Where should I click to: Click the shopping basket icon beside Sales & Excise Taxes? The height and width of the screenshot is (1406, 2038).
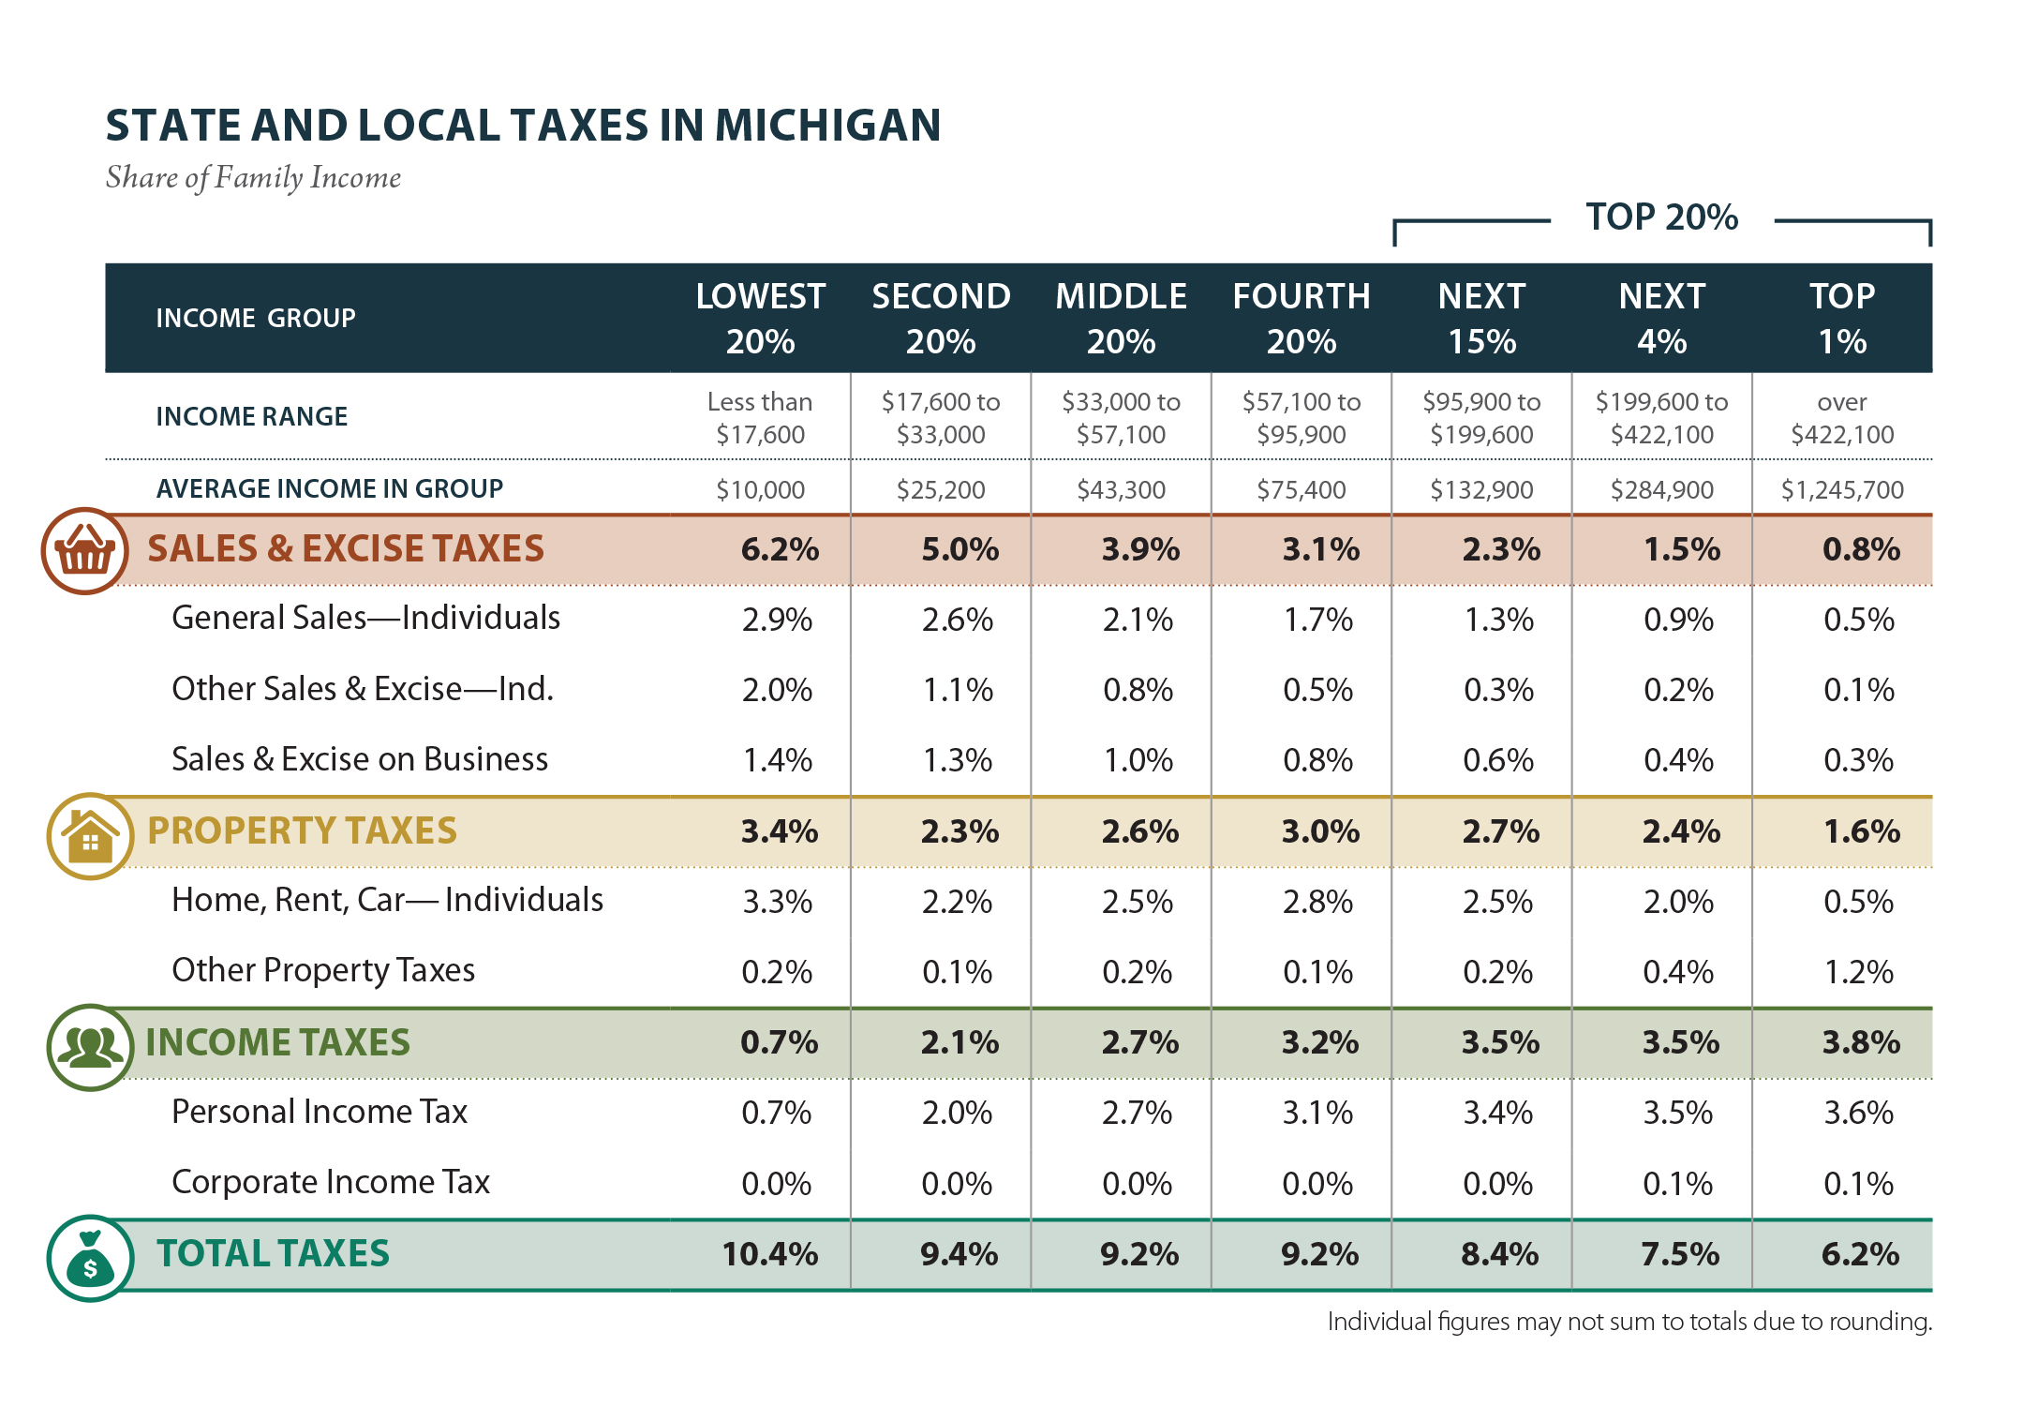(84, 551)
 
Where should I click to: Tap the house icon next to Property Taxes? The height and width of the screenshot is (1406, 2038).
(90, 836)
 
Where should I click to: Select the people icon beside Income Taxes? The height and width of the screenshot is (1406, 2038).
(90, 1047)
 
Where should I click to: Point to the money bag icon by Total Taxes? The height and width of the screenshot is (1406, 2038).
(90, 1259)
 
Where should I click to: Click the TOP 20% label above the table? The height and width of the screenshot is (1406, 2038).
(1661, 217)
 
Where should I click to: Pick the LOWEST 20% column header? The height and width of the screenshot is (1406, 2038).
(760, 319)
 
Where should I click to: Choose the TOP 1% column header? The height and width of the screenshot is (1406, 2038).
(1841, 319)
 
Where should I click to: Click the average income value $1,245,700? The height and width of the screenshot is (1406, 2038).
(1841, 489)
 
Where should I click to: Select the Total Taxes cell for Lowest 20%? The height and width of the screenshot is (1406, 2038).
(769, 1254)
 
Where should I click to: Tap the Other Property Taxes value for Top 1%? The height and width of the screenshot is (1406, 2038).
(1858, 972)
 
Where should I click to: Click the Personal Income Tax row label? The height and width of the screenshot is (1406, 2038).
(319, 1112)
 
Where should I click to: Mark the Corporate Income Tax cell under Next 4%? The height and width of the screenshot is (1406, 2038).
(1677, 1184)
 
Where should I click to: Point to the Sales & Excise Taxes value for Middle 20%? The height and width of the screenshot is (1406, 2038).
(1139, 549)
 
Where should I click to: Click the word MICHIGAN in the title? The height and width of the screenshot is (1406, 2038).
(827, 126)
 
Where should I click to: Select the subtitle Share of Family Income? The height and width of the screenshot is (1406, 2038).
(253, 177)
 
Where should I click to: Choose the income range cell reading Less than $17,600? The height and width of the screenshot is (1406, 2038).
(760, 418)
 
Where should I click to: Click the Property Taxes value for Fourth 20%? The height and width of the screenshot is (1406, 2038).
(1319, 831)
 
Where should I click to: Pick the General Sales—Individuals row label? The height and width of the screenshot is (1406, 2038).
(365, 619)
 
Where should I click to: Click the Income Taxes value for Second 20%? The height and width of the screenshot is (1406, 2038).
(959, 1042)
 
